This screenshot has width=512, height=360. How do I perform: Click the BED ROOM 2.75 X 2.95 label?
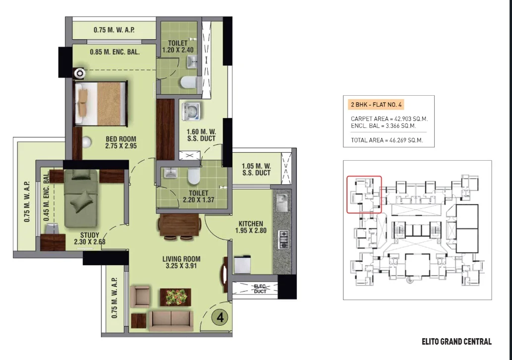[121, 142]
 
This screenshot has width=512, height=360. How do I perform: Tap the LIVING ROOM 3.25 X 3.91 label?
[181, 262]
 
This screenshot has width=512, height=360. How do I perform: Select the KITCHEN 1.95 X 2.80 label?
[251, 227]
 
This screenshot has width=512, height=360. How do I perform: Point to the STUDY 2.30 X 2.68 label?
[90, 239]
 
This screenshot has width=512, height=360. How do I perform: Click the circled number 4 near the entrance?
[221, 317]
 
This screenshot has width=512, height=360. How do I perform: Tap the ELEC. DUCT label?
[260, 289]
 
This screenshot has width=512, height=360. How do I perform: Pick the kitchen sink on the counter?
[282, 202]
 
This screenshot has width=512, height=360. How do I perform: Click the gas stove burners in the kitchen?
[283, 240]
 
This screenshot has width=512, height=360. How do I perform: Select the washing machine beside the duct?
[192, 112]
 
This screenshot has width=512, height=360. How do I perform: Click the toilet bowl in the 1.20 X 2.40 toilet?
[188, 82]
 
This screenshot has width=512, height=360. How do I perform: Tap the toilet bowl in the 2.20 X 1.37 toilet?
[193, 176]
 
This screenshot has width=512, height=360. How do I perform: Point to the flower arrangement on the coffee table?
[175, 297]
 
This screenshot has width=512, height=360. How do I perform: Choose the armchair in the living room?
[140, 296]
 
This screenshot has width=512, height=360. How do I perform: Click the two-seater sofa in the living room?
[171, 321]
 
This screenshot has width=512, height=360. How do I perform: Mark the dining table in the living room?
[179, 226]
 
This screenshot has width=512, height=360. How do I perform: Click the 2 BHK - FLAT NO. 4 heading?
[376, 105]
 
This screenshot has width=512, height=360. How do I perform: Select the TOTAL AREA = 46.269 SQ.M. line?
[387, 140]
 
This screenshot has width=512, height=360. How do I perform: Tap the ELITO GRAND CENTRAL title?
[456, 342]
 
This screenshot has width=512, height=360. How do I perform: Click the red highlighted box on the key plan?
[364, 176]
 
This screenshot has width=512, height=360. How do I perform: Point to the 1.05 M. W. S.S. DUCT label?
[256, 170]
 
